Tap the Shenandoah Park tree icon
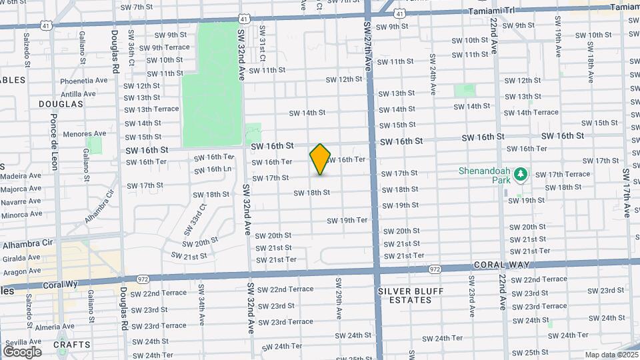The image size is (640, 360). (521, 175)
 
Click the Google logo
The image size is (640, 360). (22, 351)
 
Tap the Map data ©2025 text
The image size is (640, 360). (611, 355)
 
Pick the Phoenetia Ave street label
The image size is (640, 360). (84, 80)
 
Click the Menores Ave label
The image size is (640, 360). (85, 133)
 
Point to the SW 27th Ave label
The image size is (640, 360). (367, 47)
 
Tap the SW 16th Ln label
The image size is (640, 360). (213, 169)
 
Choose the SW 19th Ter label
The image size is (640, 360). (347, 220)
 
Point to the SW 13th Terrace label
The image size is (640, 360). (151, 109)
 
